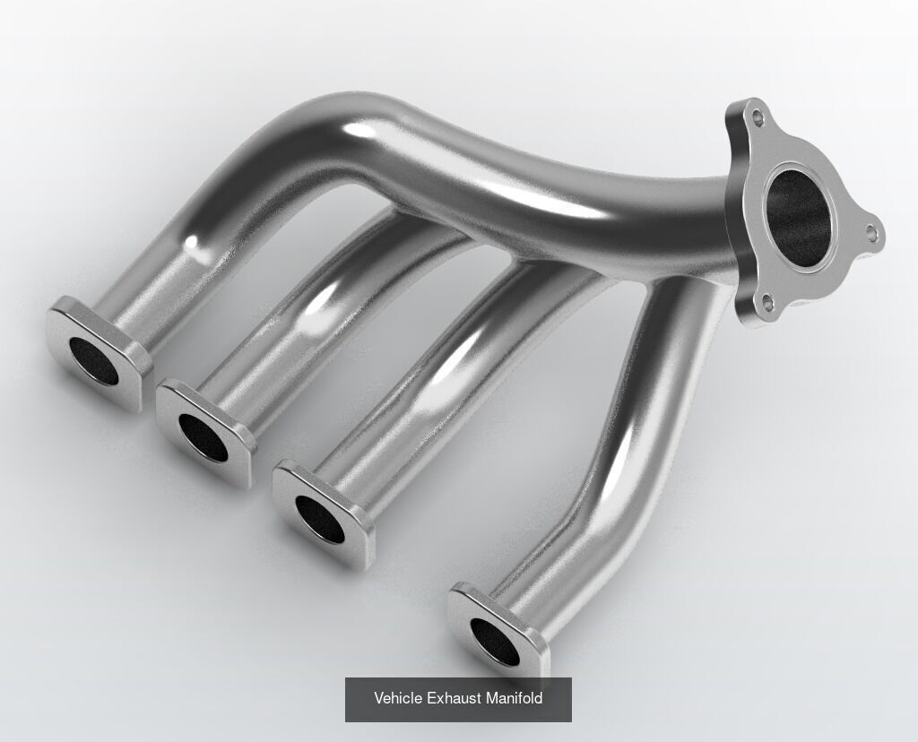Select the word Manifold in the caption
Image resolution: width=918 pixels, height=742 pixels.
(514, 698)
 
